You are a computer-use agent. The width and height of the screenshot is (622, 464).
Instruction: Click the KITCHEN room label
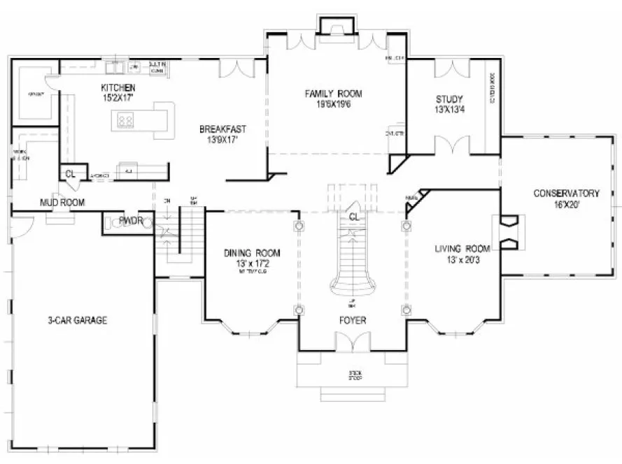click(x=118, y=87)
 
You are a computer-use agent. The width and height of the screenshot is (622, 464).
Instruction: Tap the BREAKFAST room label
click(x=222, y=129)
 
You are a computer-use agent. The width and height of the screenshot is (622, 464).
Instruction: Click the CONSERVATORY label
click(x=567, y=193)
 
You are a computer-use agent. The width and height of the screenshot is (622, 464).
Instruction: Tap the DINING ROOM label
click(x=252, y=253)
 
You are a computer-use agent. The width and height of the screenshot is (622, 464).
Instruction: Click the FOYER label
click(x=351, y=321)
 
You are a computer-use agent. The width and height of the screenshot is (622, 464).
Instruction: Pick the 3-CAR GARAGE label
click(x=77, y=321)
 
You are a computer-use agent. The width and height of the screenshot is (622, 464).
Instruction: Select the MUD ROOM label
click(x=62, y=203)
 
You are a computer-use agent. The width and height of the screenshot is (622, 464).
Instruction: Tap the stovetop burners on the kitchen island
click(x=125, y=122)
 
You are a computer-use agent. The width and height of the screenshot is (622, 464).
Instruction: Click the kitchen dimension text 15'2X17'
click(x=118, y=98)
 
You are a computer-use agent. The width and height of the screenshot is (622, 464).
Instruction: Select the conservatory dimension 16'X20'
click(x=567, y=204)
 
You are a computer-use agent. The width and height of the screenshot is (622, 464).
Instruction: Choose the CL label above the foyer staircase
click(x=353, y=217)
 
